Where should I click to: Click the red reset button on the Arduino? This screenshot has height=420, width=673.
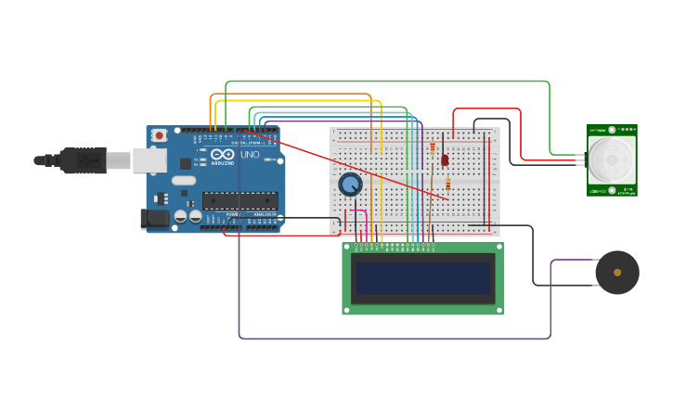point(159,135)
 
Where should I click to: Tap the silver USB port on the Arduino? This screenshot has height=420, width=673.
point(148,160)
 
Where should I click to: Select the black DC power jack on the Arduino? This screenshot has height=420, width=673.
point(153,219)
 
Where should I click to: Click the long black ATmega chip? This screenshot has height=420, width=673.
point(240,200)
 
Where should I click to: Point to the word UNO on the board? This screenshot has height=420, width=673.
point(251,155)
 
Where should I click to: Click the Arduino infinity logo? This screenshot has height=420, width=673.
point(223,154)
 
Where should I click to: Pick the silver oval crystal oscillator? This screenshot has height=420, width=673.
point(184,180)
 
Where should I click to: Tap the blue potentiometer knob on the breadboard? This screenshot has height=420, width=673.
point(350,184)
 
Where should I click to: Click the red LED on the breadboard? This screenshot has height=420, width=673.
point(445,159)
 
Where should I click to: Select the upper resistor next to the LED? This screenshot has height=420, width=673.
point(433,147)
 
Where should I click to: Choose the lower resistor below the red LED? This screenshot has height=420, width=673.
point(447,185)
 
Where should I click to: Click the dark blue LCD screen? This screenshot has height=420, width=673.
point(422,278)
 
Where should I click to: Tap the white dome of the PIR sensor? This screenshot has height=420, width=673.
point(612,161)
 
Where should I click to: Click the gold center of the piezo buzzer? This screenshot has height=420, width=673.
point(617,273)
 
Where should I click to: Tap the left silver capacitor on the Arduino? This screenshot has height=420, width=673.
point(181,216)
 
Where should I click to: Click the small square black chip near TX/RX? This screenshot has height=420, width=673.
point(185,163)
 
